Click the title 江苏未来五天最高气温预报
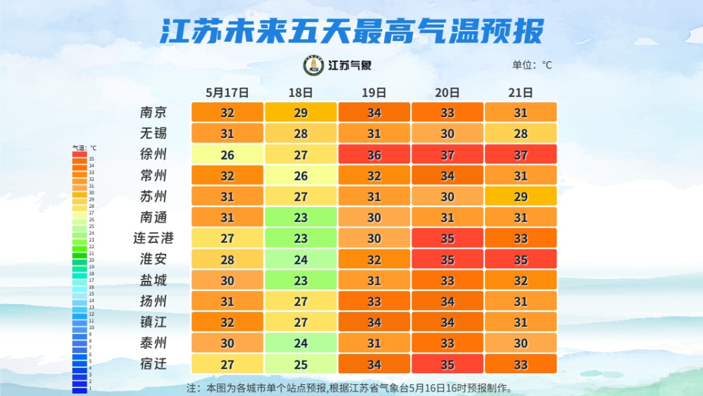coord(351,31)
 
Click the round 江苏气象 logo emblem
coord(314,65)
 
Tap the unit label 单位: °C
coord(532,65)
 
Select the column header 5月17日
coord(227,92)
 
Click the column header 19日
coord(374,92)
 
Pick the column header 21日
coord(521,92)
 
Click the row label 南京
coord(154,112)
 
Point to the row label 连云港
coord(154,238)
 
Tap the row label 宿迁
coord(154,363)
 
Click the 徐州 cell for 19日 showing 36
coord(374,154)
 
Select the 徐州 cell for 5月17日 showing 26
coord(227,154)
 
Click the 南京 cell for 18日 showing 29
coord(301,112)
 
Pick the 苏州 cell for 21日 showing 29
coord(521,196)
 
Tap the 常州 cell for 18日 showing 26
coord(301,175)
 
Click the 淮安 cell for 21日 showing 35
coord(521,259)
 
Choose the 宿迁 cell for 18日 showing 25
coord(301,363)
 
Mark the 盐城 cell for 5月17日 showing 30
coord(227,280)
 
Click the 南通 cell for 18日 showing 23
coord(301,217)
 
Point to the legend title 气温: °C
coord(84,148)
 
